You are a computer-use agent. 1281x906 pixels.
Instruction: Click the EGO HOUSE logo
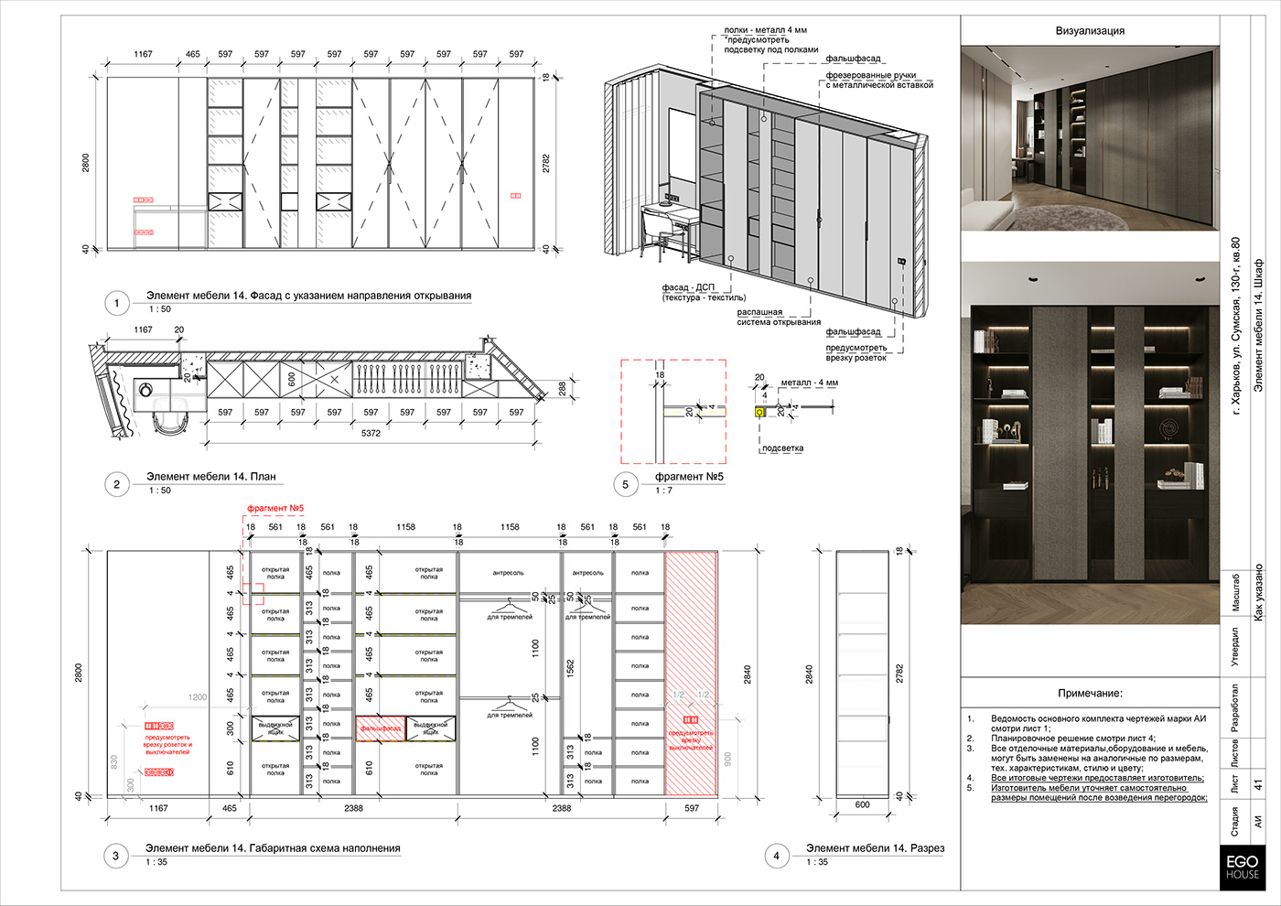pyautogui.click(x=1243, y=867)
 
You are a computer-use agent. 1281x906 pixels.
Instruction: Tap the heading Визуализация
pyautogui.click(x=1090, y=31)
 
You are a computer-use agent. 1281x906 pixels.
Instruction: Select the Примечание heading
pyautogui.click(x=1090, y=694)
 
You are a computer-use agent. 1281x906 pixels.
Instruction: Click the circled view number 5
pyautogui.click(x=626, y=484)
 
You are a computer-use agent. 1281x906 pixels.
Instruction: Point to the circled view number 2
pyautogui.click(x=116, y=484)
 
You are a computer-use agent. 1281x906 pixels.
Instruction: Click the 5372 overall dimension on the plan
pyautogui.click(x=371, y=433)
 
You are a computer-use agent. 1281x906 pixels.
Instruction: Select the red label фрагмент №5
pyautogui.click(x=275, y=508)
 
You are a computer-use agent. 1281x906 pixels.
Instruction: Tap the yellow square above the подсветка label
pyautogui.click(x=759, y=413)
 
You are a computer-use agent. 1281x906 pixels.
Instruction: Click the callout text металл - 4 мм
pyautogui.click(x=809, y=383)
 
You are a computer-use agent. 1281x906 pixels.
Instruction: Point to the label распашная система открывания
pyautogui.click(x=778, y=317)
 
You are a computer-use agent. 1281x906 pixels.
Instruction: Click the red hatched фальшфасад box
pyautogui.click(x=380, y=728)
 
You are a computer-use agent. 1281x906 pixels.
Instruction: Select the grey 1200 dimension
pyautogui.click(x=198, y=697)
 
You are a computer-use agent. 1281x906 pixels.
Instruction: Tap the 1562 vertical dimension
pyautogui.click(x=570, y=670)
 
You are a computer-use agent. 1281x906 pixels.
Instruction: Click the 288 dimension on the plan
pyautogui.click(x=562, y=389)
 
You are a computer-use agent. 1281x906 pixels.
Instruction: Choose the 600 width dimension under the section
pyautogui.click(x=862, y=804)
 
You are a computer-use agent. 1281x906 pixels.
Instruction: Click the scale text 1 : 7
pyautogui.click(x=663, y=491)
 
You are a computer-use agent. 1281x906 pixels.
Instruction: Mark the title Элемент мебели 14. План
pyautogui.click(x=210, y=477)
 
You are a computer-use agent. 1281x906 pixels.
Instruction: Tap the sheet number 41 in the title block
pyautogui.click(x=1258, y=785)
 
